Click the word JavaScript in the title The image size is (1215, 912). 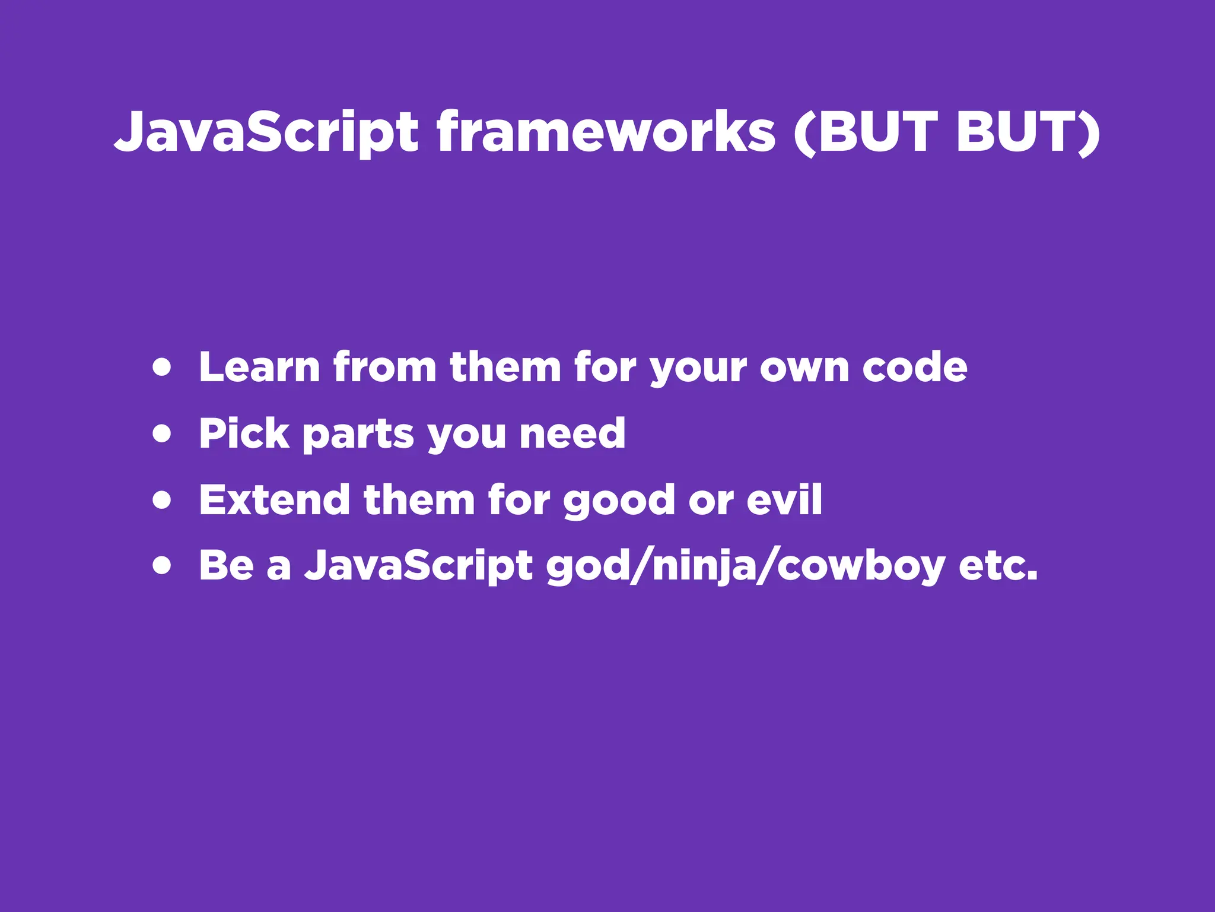(x=266, y=132)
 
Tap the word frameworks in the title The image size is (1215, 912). (x=606, y=132)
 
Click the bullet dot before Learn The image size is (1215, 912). (x=161, y=368)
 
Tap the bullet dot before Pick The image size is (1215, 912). (x=161, y=433)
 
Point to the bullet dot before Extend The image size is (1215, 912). (x=161, y=500)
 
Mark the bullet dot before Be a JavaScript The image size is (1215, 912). (x=161, y=565)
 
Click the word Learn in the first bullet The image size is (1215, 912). (x=260, y=368)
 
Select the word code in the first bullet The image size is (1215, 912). (x=914, y=368)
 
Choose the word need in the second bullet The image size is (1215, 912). (x=572, y=433)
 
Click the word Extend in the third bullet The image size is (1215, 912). (x=274, y=500)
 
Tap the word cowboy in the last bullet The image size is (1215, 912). (x=860, y=566)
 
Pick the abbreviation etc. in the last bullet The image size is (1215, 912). (x=998, y=566)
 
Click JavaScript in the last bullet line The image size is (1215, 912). (x=419, y=566)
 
